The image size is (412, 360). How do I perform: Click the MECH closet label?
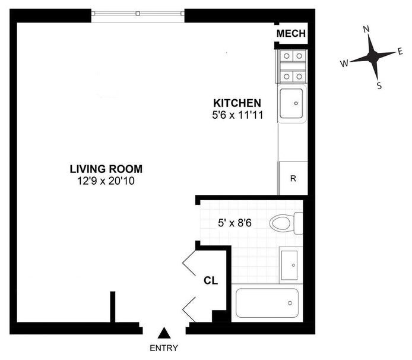pyautogui.click(x=291, y=33)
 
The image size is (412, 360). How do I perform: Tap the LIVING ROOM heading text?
pyautogui.click(x=106, y=169)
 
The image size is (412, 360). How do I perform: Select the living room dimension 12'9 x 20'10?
pyautogui.click(x=106, y=181)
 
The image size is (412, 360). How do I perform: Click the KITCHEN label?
pyautogui.click(x=237, y=103)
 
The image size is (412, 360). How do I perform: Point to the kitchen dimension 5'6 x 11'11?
pyautogui.click(x=237, y=115)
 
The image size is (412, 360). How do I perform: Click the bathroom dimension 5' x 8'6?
pyautogui.click(x=234, y=223)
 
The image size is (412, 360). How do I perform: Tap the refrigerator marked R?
pyautogui.click(x=293, y=178)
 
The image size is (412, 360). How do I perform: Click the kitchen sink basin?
pyautogui.click(x=291, y=103)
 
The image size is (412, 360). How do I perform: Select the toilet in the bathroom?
pyautogui.click(x=286, y=223)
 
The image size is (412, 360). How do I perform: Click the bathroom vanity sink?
pyautogui.click(x=290, y=266)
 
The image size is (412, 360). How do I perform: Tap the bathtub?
pyautogui.click(x=267, y=303)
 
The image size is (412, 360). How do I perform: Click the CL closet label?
pyautogui.click(x=211, y=281)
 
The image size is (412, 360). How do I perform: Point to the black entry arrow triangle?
pyautogui.click(x=164, y=333)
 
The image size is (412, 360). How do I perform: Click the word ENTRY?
pyautogui.click(x=164, y=348)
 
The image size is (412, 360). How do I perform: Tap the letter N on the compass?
pyautogui.click(x=366, y=29)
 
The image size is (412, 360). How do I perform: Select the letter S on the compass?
pyautogui.click(x=379, y=86)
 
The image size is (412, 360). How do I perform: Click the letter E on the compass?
pyautogui.click(x=400, y=51)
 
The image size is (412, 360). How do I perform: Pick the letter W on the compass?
pyautogui.click(x=344, y=63)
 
